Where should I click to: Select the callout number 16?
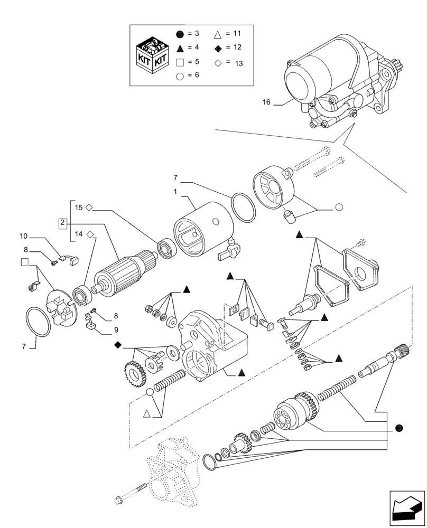tap(265, 102)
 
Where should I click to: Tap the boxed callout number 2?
tap(62, 223)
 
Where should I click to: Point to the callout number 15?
tap(78, 208)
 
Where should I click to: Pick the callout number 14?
tap(78, 233)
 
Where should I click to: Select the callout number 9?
tap(115, 331)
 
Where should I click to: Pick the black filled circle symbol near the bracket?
tap(400, 428)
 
